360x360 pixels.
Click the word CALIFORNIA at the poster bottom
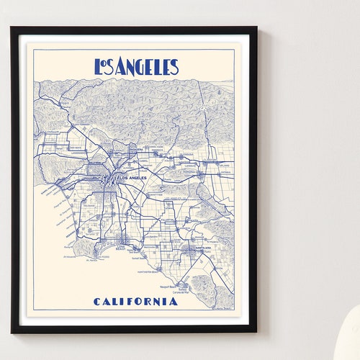tap(135, 301)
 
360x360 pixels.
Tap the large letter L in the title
tap(99, 67)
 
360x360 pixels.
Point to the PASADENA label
tap(137, 150)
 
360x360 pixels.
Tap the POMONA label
tap(189, 173)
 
